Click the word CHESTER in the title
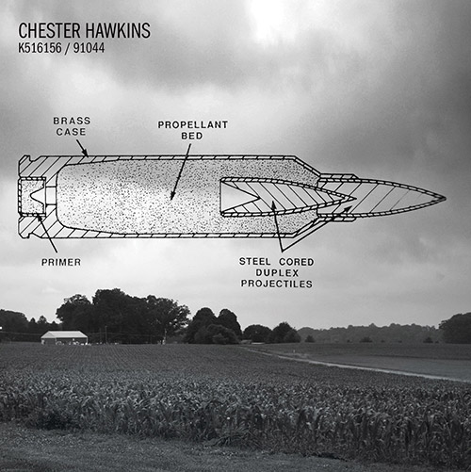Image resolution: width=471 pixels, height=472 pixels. point(50,30)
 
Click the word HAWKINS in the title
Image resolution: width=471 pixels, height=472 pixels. point(118,30)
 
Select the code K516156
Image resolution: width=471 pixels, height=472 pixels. point(40,48)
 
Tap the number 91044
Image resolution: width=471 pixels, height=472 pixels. point(89,48)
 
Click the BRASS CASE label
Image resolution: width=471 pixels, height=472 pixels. point(72,126)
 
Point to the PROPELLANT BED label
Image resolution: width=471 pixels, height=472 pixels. point(193,130)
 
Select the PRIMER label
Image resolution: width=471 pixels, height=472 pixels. point(61,262)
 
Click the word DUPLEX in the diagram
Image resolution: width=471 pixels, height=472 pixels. point(277,272)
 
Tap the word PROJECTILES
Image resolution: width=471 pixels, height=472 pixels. point(277,284)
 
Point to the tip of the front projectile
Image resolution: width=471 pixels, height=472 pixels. point(446,199)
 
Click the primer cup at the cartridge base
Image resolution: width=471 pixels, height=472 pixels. point(32,196)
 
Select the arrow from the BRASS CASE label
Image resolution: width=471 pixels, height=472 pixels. point(82,148)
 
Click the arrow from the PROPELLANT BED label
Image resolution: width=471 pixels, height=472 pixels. point(181,171)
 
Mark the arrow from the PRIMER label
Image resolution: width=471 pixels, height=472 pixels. point(47,233)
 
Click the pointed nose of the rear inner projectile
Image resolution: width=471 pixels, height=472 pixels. point(354,198)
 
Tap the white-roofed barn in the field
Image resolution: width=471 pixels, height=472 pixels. point(64,337)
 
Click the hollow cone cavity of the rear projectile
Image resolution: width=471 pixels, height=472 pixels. point(237,199)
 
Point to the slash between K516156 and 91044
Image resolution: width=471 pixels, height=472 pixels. point(67,48)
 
